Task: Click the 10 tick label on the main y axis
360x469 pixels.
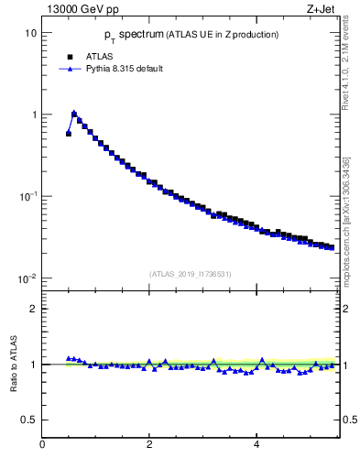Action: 29,33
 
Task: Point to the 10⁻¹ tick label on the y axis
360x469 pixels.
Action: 27,196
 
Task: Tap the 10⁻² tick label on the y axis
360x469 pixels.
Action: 27,278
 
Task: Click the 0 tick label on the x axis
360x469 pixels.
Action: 42,444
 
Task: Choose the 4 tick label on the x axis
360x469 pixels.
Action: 256,444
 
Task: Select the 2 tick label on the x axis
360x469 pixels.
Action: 149,444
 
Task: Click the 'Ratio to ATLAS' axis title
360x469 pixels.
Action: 12,364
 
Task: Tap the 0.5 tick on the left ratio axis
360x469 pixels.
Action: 28,420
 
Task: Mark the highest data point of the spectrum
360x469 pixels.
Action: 74,114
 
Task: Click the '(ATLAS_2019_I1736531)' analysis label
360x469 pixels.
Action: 189,273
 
